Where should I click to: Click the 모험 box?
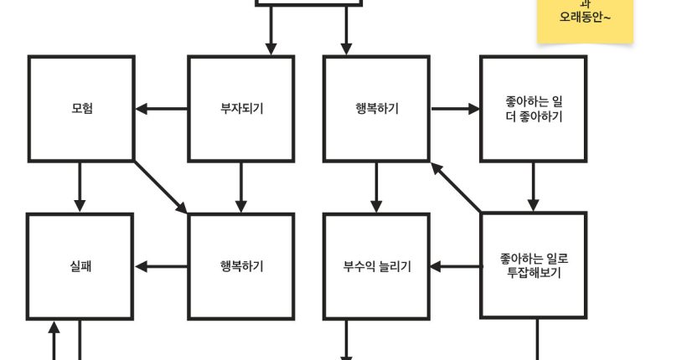click(81, 109)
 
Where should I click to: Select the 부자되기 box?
click(241, 109)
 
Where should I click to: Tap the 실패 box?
click(80, 267)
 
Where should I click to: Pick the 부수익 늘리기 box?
click(376, 267)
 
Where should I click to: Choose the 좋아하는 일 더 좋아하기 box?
click(534, 109)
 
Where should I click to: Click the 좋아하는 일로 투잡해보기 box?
click(534, 265)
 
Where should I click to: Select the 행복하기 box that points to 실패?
click(241, 267)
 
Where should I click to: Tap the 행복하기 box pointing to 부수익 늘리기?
click(376, 109)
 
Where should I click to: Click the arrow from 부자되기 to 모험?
click(162, 109)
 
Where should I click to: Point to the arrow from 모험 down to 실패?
click(80, 187)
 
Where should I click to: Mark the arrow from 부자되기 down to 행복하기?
click(241, 187)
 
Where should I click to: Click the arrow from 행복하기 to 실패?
click(162, 267)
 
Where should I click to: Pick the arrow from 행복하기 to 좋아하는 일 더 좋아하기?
click(455, 109)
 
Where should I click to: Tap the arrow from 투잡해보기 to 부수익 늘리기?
click(456, 267)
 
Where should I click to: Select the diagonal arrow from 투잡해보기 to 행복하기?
click(457, 188)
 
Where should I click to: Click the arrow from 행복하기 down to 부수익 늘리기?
click(376, 187)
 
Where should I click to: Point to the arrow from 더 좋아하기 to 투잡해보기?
click(534, 187)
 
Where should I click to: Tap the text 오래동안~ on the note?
click(585, 17)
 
